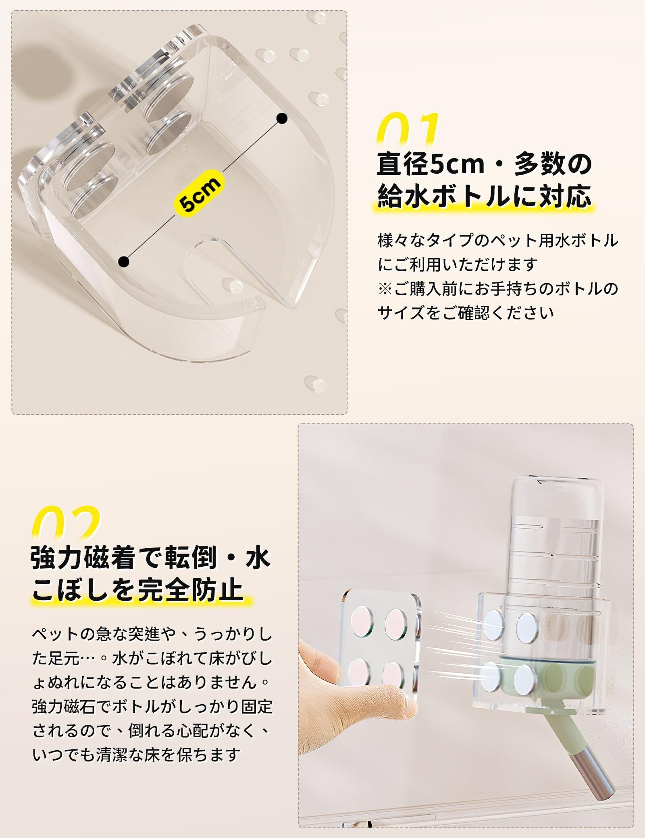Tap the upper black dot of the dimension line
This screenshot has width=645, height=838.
[282, 118]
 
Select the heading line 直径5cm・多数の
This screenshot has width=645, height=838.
[484, 164]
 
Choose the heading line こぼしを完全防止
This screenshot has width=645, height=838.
[137, 589]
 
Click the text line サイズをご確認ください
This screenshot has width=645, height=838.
[466, 313]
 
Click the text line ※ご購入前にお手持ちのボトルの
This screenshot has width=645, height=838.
[498, 289]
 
